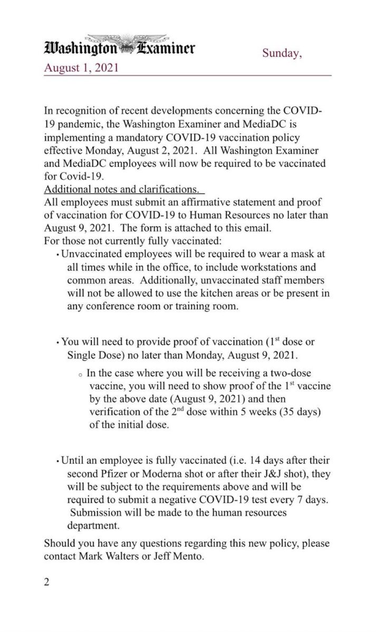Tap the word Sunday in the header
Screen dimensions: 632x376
282,53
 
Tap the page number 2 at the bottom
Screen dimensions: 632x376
47,582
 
